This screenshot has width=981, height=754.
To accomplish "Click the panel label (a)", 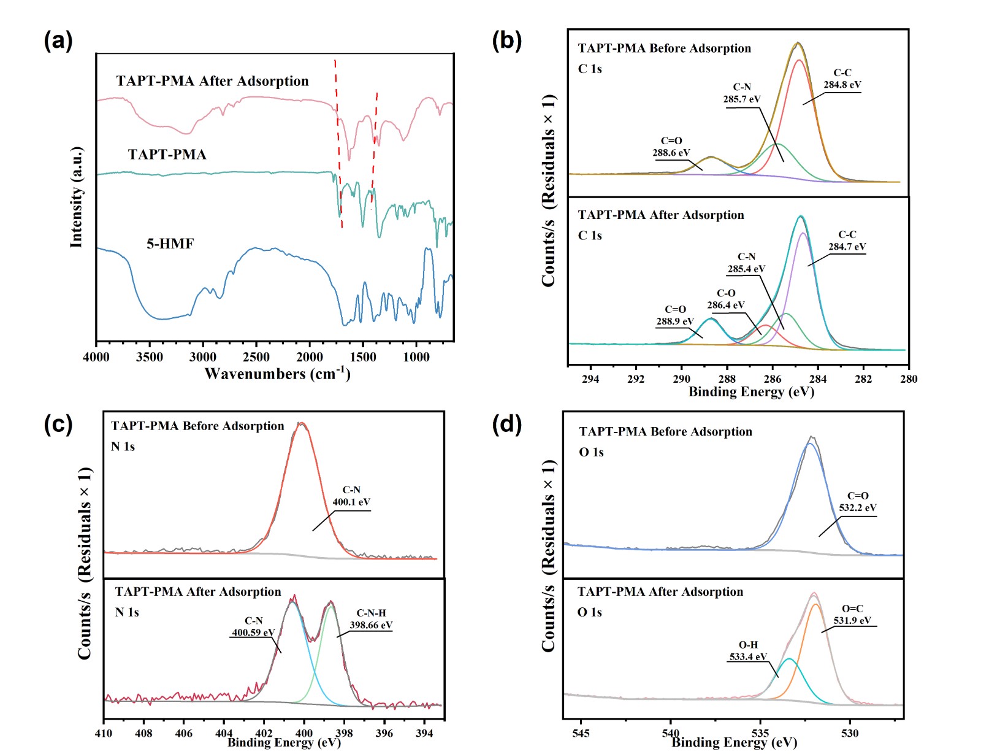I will [58, 41].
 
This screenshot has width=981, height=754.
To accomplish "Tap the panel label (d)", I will [506, 424].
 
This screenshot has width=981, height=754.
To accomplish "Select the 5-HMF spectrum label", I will [170, 244].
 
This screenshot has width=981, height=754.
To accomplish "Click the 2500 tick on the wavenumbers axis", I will [256, 357].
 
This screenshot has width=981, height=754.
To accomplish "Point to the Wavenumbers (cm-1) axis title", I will [277, 374].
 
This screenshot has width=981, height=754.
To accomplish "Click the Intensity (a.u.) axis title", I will [77, 197].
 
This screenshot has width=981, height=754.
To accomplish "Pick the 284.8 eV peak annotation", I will [842, 85].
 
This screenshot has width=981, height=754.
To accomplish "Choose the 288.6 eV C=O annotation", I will [671, 153].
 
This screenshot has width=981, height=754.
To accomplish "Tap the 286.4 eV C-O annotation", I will [725, 305].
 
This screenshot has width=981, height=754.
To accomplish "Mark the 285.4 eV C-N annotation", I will [746, 269].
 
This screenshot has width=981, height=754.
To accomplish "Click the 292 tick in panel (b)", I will [636, 379].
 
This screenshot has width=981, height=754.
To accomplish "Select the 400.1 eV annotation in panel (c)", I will [351, 502].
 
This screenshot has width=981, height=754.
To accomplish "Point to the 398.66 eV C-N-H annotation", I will [371, 625].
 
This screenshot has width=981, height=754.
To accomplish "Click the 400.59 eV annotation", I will [253, 633].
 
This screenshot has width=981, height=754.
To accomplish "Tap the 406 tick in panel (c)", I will [183, 733].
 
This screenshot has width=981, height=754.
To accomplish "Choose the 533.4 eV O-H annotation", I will [748, 656].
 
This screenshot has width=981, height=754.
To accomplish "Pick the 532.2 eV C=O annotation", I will [857, 507].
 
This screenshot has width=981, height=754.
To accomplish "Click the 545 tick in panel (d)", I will [581, 733].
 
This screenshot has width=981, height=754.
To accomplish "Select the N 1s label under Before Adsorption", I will [123, 447].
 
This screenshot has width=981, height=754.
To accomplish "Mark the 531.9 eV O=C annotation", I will [852, 620].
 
